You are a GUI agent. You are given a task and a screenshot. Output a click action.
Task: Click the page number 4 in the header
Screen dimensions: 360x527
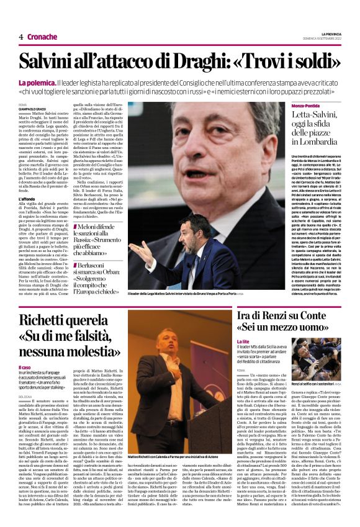[x=20, y=37]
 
